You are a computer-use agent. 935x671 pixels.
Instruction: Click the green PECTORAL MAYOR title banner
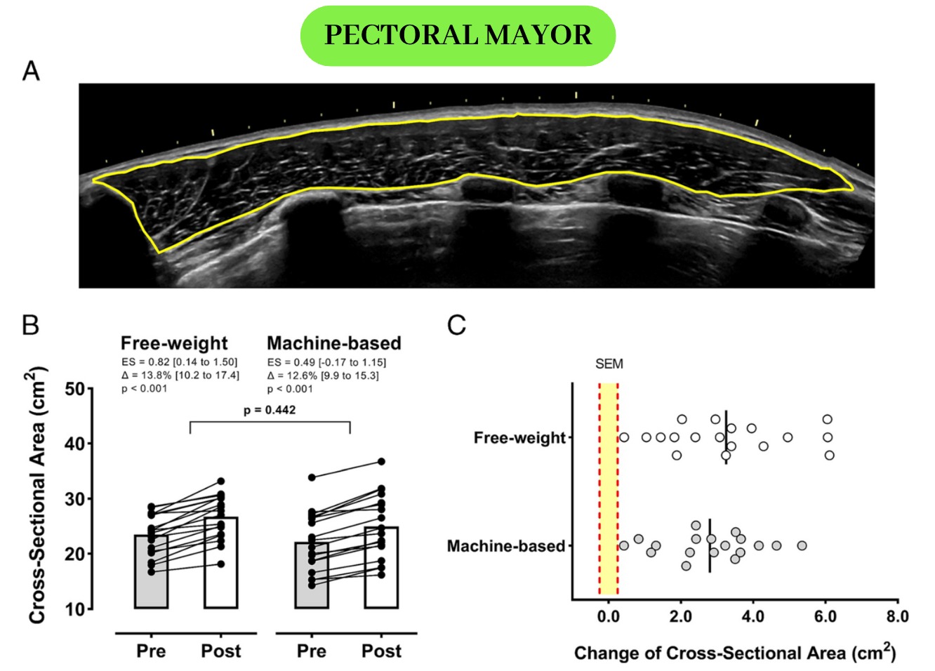coord(458,35)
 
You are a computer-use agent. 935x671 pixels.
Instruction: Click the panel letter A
coord(31,71)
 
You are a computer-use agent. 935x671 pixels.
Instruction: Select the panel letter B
coord(30,325)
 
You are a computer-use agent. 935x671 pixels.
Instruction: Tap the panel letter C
coord(456,325)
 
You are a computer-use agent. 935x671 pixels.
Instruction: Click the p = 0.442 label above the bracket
coord(270,410)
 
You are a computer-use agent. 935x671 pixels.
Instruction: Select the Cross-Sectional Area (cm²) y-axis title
coord(37,495)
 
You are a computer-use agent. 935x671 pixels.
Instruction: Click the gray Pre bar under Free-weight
coord(151,572)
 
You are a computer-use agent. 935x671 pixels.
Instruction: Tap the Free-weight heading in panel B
coord(174,343)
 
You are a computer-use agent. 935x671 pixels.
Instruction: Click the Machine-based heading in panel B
coord(334,343)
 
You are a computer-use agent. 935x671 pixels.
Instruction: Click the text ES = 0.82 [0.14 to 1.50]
coord(180,362)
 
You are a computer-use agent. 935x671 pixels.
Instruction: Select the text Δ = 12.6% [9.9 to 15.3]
coord(323,376)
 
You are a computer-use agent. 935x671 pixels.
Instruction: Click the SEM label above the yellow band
coord(609,364)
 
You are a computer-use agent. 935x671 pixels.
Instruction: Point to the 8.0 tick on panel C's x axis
coord(897,617)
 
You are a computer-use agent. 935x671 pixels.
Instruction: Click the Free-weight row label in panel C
coord(519,438)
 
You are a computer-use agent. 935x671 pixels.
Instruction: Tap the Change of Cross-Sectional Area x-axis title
coord(734,653)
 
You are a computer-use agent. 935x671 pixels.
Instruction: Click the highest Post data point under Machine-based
coord(381,462)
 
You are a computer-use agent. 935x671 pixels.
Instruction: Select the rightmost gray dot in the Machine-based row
coord(802,545)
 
